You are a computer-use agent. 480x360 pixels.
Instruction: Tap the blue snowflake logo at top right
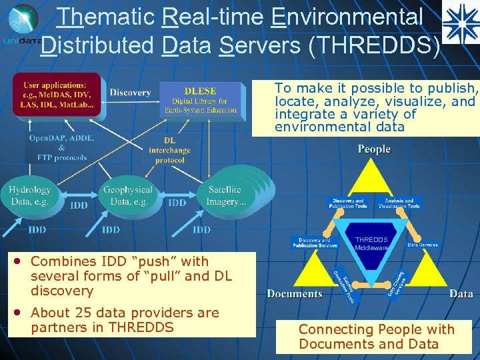tap(460, 22)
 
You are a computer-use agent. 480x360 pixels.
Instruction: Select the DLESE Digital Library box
tap(199, 100)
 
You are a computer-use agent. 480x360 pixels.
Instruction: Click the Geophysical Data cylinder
tap(127, 195)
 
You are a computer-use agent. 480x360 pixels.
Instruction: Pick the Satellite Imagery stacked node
tap(227, 195)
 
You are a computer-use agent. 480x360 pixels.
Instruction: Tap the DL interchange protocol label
tap(169, 151)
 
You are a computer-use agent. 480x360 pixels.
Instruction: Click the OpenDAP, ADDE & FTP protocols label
tap(61, 147)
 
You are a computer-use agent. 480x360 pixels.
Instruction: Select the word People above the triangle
tap(374, 149)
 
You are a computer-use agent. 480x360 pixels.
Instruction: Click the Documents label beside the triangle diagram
tap(294, 293)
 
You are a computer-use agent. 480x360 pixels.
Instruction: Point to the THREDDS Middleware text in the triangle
tap(371, 243)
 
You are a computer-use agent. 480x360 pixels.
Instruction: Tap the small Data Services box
tap(423, 245)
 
